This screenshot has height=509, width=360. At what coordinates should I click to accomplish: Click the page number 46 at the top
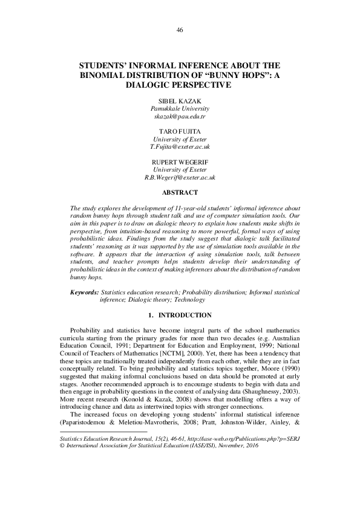click(x=180, y=30)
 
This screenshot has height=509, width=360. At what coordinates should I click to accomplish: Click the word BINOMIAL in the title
click(x=105, y=75)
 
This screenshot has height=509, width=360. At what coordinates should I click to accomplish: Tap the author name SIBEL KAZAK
click(x=180, y=100)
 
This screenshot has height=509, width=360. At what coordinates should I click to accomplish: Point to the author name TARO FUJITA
click(x=180, y=131)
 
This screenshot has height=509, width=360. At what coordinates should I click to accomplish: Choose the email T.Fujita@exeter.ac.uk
click(x=180, y=147)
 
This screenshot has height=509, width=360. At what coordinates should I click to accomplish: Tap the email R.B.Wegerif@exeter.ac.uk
click(x=180, y=178)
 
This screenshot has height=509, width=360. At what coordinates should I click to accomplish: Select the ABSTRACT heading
click(x=180, y=193)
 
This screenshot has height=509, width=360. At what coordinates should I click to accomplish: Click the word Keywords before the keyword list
click(x=84, y=292)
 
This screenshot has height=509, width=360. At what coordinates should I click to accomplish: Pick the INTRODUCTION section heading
click(x=185, y=316)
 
